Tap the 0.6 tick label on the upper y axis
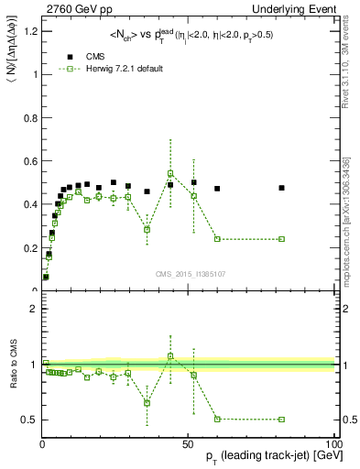(29, 161)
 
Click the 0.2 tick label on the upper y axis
(29, 247)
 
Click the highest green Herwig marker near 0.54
(170, 173)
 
